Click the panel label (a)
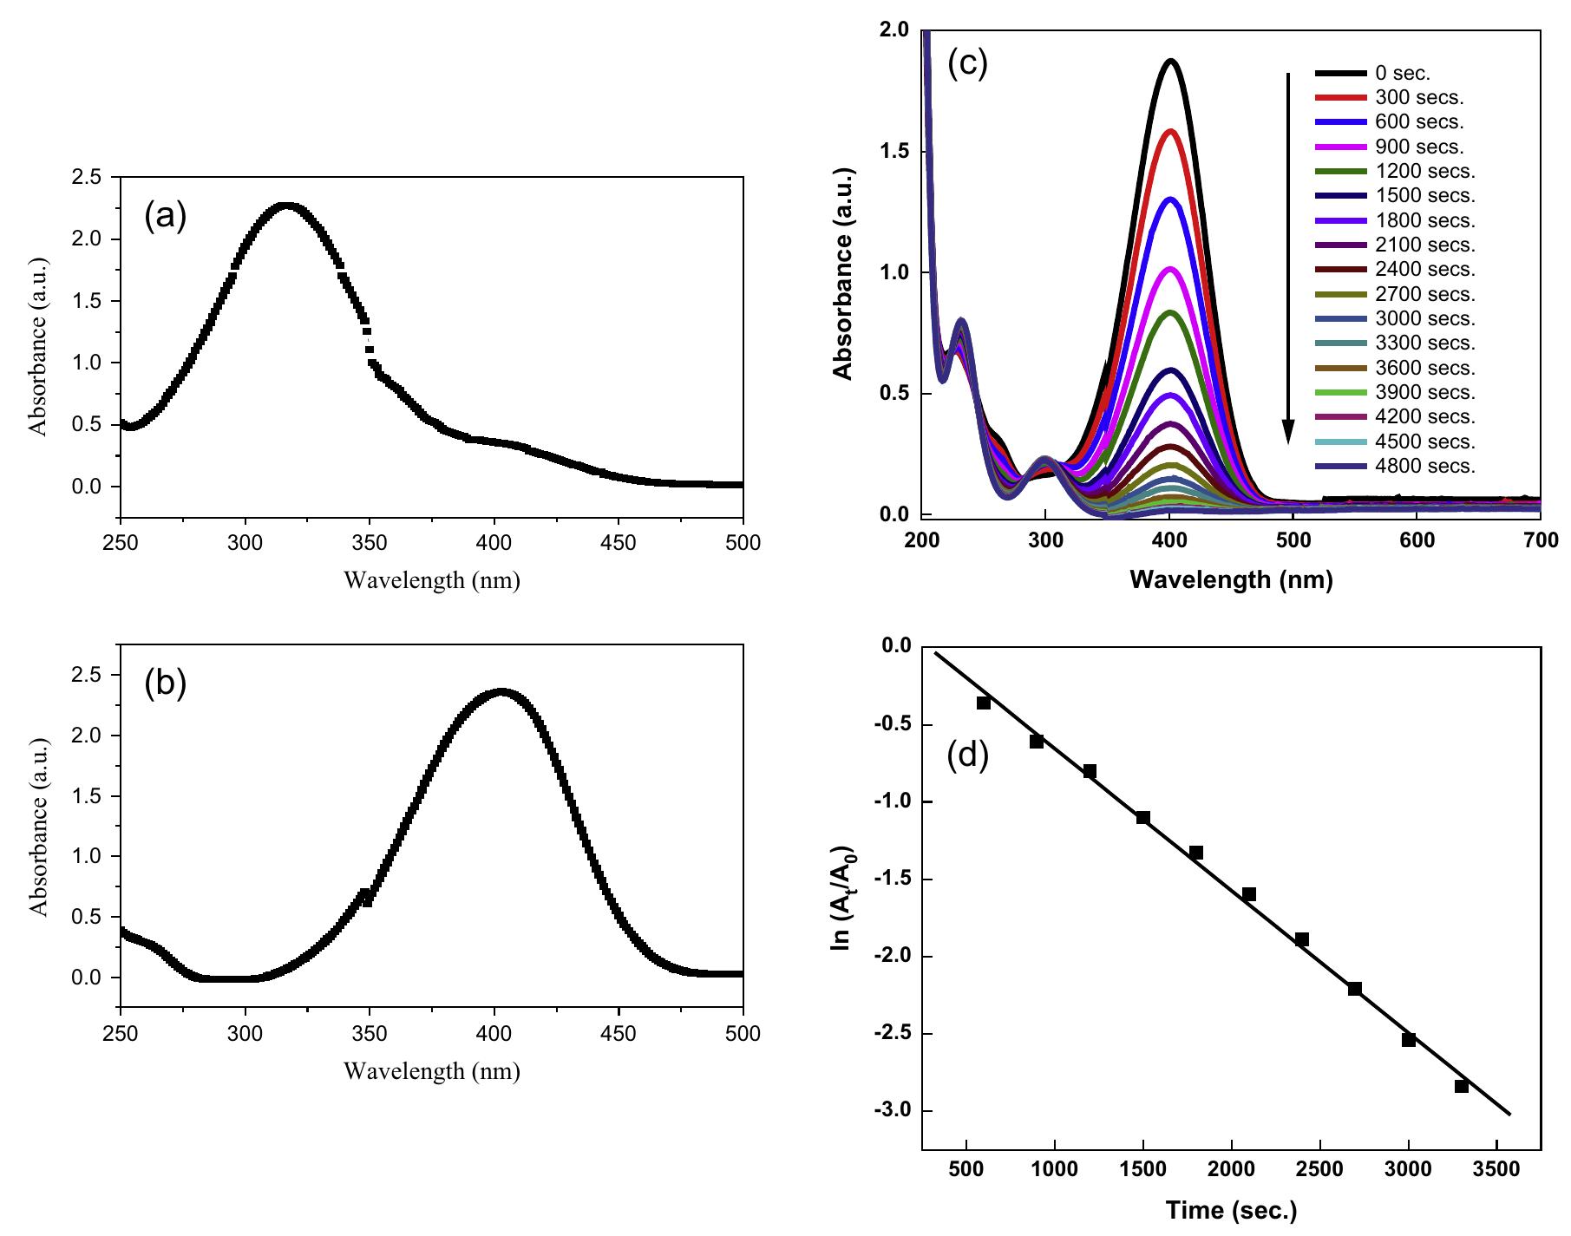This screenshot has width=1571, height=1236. point(166,216)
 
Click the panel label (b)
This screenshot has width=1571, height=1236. point(166,683)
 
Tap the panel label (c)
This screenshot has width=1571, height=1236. point(967,64)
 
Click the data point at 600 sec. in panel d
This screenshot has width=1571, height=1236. point(984,703)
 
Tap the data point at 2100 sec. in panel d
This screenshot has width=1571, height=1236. point(1249,894)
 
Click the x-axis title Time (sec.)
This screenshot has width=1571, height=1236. point(1231,1209)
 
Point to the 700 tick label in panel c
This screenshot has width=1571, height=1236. point(1540,540)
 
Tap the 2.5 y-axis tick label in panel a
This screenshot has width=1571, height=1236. point(89,178)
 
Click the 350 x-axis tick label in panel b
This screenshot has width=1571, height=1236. point(370,1034)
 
